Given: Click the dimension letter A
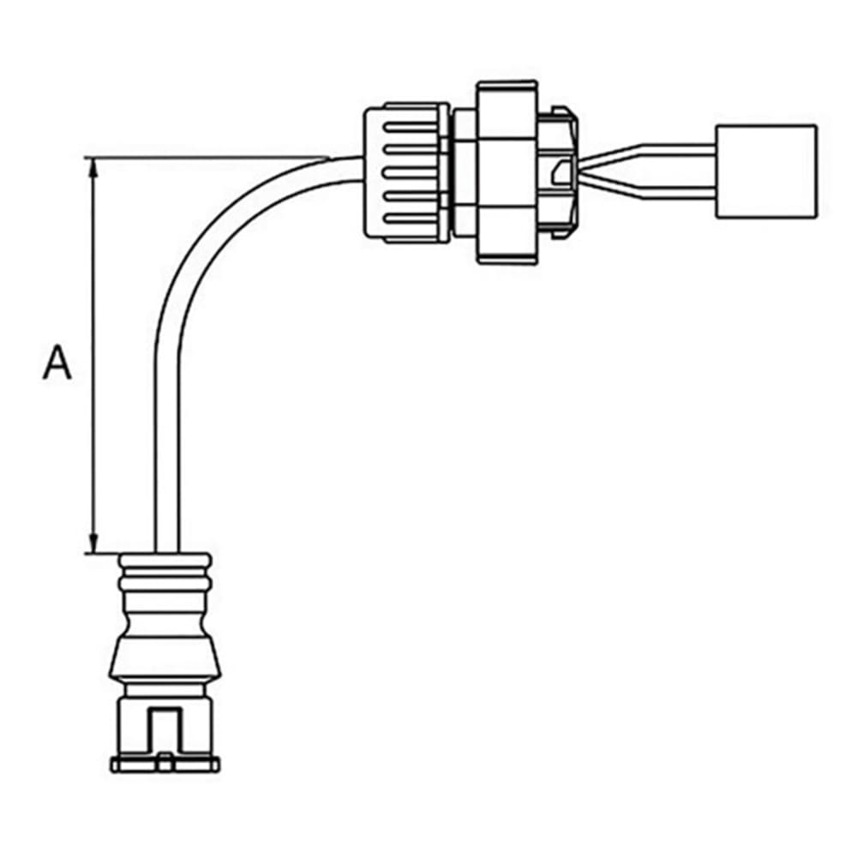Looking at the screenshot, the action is [57, 363].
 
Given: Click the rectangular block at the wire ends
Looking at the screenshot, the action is [765, 171].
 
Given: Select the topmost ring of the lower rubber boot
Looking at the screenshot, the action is [163, 561].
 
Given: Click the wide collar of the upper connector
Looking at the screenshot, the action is [508, 171].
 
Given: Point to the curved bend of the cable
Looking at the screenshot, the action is [214, 223].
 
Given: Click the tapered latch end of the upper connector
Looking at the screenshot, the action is [561, 171].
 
